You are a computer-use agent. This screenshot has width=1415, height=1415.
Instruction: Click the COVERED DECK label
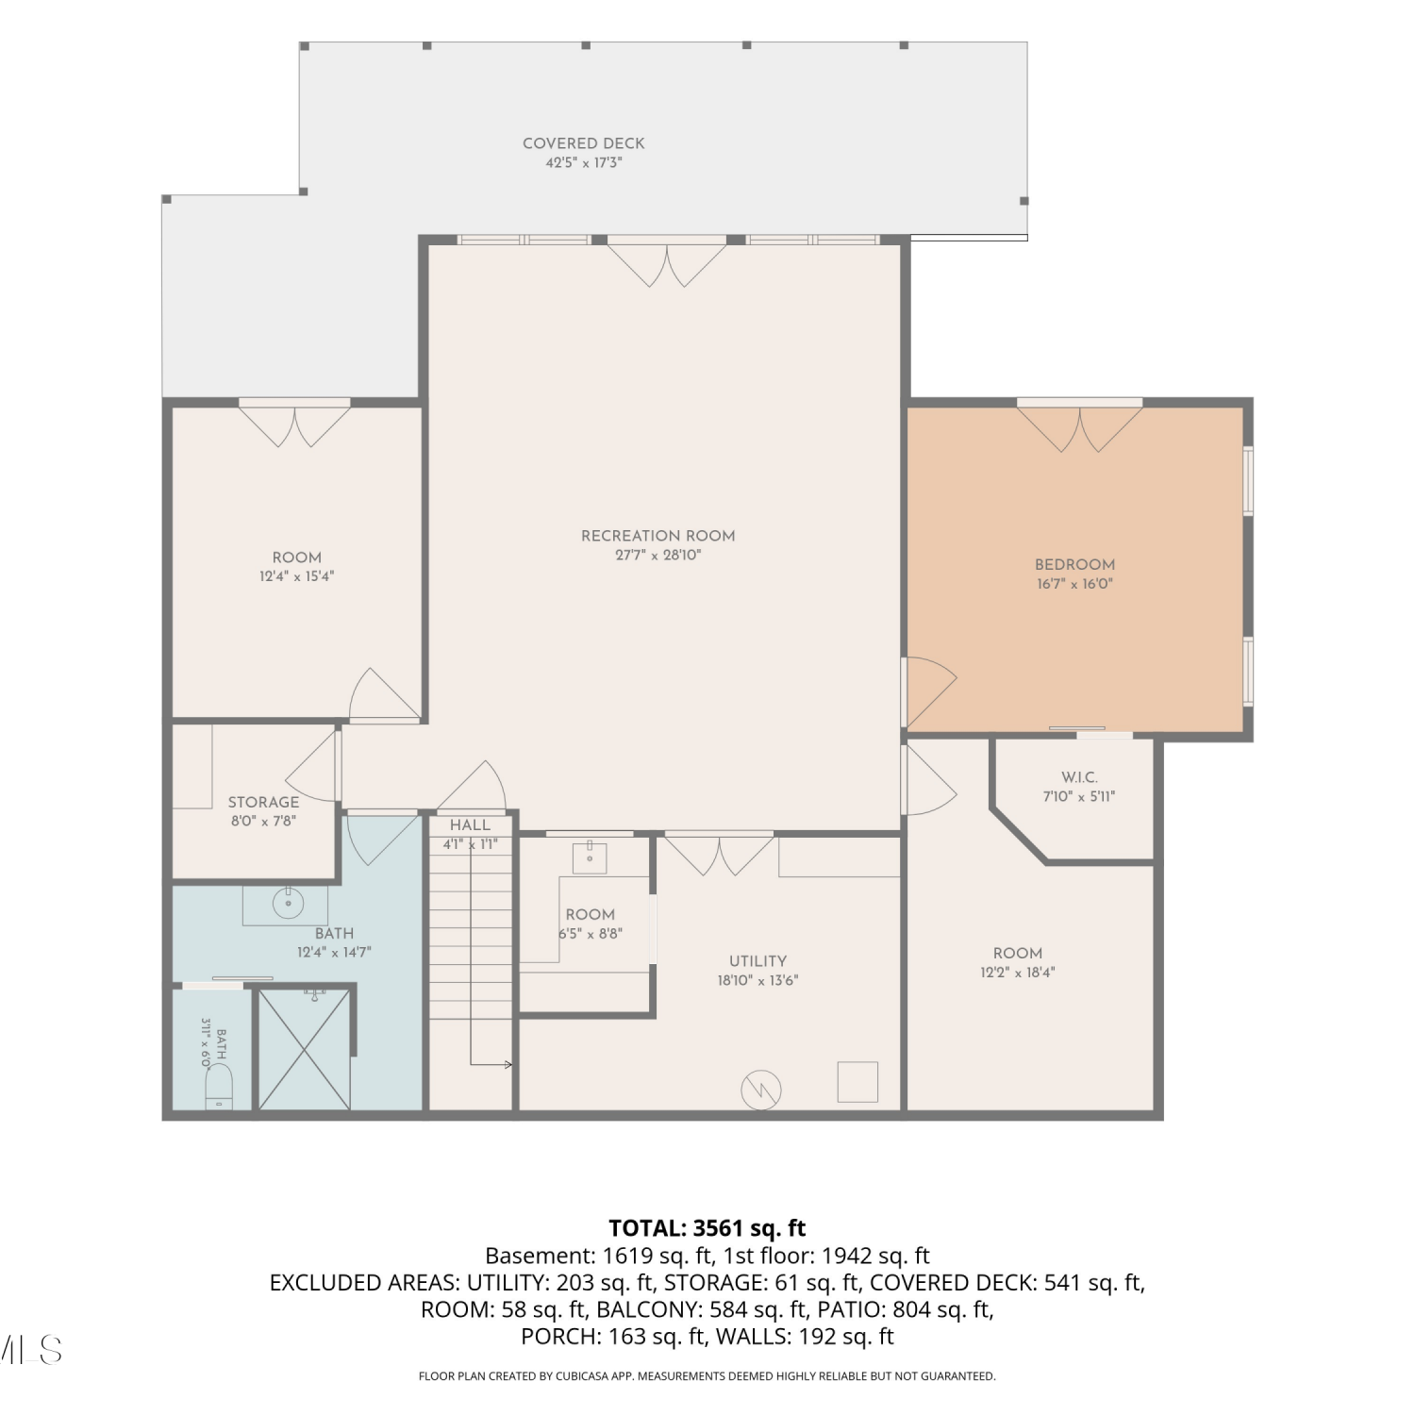tap(584, 143)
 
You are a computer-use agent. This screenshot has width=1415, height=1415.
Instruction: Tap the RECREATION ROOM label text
tap(658, 536)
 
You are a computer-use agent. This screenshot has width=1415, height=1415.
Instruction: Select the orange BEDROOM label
tap(1074, 564)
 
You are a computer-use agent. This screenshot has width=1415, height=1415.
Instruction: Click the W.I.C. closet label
tap(1079, 777)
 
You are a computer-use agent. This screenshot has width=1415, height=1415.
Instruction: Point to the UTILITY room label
tap(757, 961)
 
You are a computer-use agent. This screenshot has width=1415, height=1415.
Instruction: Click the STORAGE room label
tap(263, 802)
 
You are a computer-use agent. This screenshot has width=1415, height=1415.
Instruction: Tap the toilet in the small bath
tap(219, 1087)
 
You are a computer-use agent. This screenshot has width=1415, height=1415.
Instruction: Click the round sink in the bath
tap(288, 903)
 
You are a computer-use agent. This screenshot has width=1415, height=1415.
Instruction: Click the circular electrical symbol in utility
tap(761, 1090)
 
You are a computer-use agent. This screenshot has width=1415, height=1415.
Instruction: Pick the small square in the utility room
tap(857, 1082)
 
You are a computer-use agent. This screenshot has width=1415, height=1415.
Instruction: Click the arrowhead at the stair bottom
tap(508, 1065)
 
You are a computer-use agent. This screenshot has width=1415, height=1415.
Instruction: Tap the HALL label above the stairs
tap(470, 825)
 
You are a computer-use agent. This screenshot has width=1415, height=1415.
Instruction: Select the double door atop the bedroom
tap(1080, 428)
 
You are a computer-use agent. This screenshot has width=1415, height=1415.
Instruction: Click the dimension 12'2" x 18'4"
tap(1017, 973)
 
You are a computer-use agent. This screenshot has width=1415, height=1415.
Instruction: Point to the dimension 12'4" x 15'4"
tap(297, 576)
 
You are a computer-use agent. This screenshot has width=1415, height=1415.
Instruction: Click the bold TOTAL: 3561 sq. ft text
tap(707, 1228)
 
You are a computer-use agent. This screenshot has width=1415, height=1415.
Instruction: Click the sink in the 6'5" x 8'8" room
tap(590, 857)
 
